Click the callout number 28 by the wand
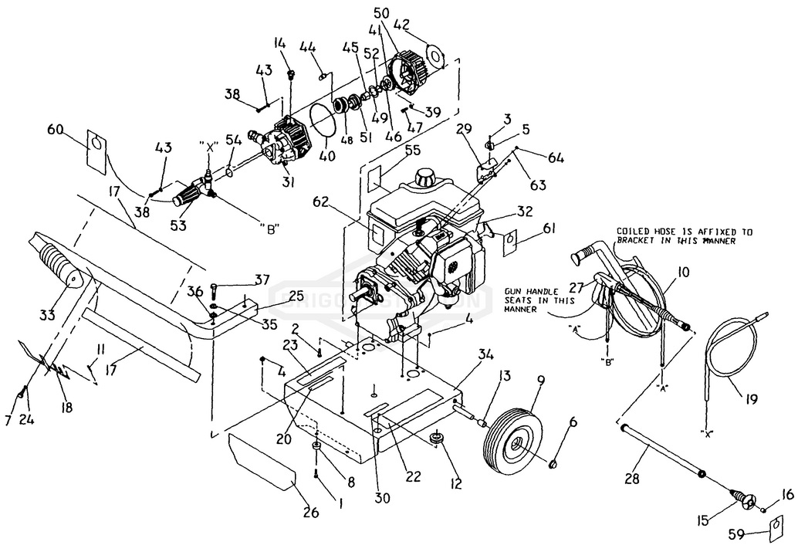(632, 479)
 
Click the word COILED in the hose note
(634, 231)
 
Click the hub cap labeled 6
(553, 464)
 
